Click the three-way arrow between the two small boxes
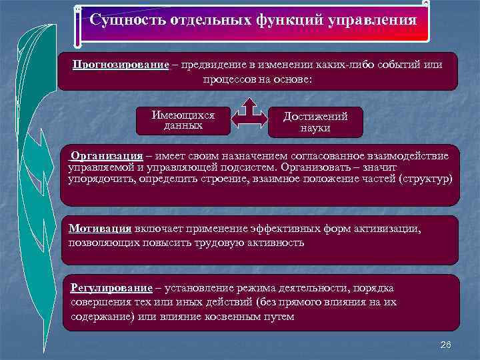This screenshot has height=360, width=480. pyautogui.click(x=249, y=116)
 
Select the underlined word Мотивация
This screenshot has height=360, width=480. pyautogui.click(x=100, y=228)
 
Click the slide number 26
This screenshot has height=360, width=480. pyautogui.click(x=446, y=344)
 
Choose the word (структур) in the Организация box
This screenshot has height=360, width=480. pyautogui.click(x=424, y=180)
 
